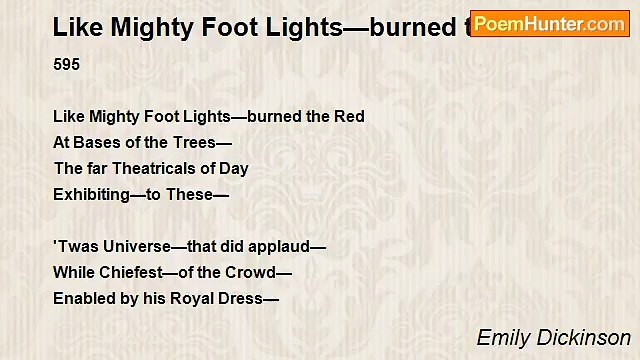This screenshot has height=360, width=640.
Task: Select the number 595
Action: pos(67,65)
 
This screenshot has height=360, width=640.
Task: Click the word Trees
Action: pos(195,143)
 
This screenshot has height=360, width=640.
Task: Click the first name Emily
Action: pos(503,338)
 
